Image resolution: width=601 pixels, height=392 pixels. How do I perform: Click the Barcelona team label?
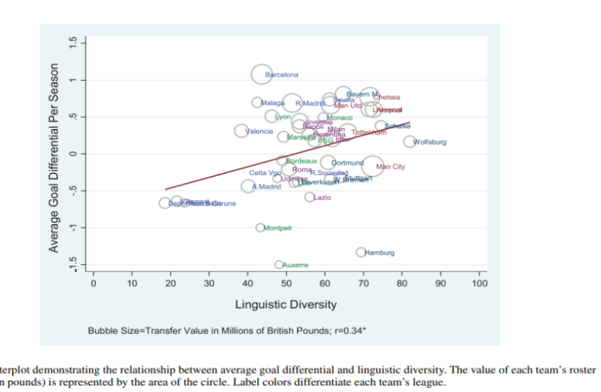[283, 76]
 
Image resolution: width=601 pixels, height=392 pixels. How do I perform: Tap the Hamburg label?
[380, 252]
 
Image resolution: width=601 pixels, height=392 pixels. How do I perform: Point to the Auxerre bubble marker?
[279, 264]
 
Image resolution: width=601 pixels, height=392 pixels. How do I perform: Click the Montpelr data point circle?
[260, 228]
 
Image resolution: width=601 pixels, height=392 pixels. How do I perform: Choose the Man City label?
[391, 167]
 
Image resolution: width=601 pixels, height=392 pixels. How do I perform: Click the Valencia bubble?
[242, 131]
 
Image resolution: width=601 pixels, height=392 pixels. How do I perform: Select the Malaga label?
[273, 103]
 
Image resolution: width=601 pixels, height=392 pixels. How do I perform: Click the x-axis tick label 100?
[481, 283]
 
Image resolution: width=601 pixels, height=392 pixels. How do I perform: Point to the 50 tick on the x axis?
[287, 283]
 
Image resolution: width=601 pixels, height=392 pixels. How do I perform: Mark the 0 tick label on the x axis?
[93, 283]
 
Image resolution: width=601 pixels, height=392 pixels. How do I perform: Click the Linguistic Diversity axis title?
[286, 304]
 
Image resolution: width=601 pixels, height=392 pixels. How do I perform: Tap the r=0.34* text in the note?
[352, 330]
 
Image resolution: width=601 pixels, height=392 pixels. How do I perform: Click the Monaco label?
[339, 118]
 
